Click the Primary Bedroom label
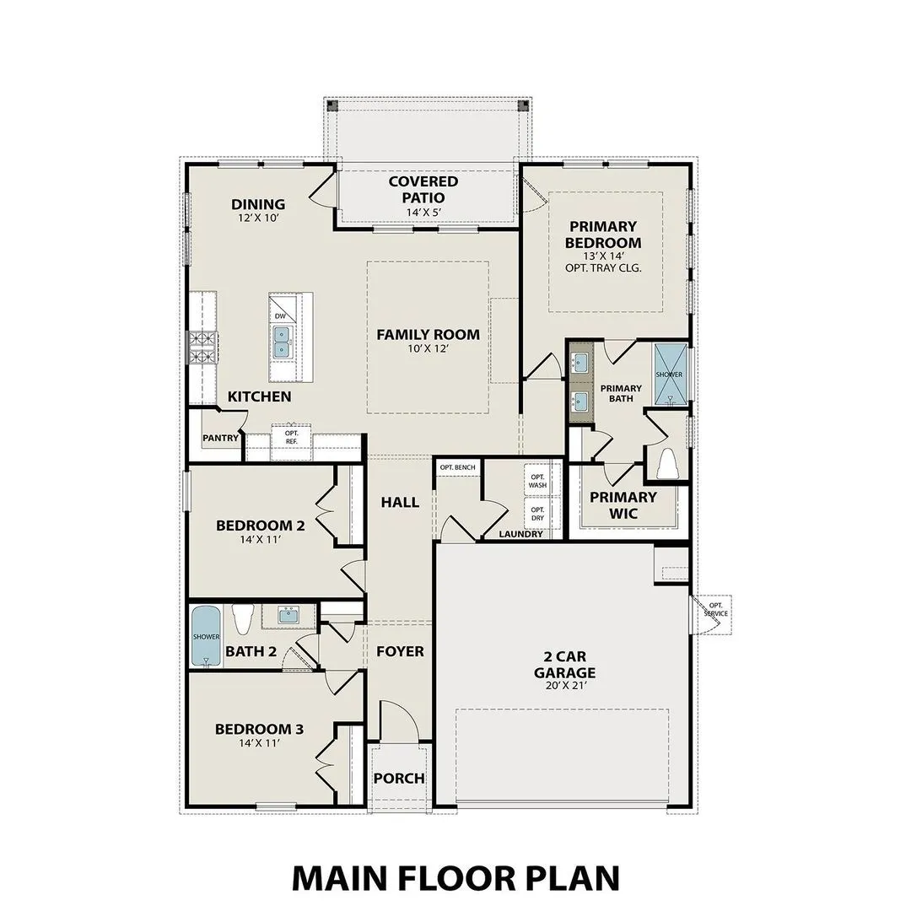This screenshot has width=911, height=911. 604,234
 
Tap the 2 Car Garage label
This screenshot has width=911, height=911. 564,665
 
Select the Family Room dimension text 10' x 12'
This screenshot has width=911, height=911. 428,349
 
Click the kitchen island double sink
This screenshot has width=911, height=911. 281,342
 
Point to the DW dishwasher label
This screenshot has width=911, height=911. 280,315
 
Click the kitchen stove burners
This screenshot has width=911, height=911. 202,348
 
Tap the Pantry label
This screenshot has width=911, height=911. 220,438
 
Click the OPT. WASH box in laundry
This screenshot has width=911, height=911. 537,482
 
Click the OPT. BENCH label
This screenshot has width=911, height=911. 457,467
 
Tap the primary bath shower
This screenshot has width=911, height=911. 671,375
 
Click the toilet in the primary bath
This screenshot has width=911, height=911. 668,464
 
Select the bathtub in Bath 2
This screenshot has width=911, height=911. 206,636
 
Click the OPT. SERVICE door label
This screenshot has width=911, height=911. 715,609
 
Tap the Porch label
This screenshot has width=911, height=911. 399,778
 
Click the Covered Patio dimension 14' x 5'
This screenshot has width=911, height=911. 423,213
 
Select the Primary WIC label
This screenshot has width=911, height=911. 623,505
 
